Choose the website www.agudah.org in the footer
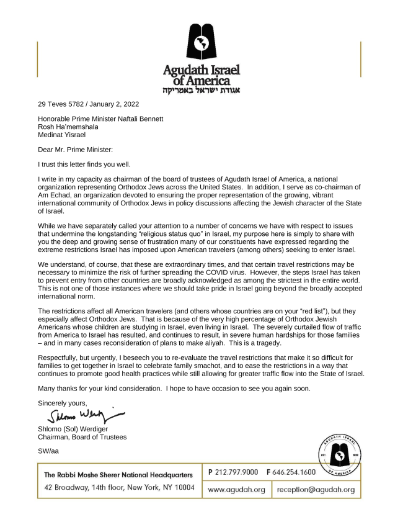pos(237,490)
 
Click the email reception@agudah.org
pos(316,490)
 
